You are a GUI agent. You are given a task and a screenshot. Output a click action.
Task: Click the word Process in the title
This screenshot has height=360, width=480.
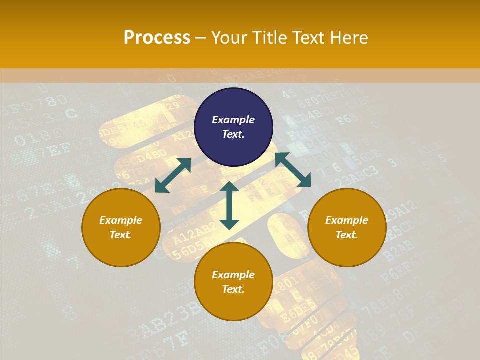[157, 38]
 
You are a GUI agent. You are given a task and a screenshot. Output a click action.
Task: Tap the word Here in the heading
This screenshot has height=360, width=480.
[348, 38]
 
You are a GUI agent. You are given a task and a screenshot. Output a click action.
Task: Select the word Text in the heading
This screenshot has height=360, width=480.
[309, 38]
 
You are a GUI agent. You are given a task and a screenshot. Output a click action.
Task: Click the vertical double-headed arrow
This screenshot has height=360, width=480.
[229, 205]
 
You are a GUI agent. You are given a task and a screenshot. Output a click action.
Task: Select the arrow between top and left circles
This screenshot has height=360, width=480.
[173, 175]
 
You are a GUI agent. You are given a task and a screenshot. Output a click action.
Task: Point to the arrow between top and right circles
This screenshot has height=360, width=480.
[293, 170]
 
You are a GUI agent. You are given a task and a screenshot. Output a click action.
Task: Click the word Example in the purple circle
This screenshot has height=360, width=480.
[233, 120]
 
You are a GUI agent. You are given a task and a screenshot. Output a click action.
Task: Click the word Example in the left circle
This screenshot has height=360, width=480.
[121, 220]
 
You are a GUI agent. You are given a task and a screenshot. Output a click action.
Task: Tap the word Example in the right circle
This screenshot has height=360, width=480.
[347, 220]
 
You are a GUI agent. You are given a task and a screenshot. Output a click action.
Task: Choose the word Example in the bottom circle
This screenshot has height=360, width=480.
[233, 275]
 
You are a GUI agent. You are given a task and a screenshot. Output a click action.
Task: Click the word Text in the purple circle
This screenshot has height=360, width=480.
[233, 134]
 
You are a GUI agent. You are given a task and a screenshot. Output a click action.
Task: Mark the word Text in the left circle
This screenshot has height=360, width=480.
[121, 235]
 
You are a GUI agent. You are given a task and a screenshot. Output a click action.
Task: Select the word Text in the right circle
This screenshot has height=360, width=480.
[347, 235]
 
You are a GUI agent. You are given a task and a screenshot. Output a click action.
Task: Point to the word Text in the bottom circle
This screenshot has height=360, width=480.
[233, 289]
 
